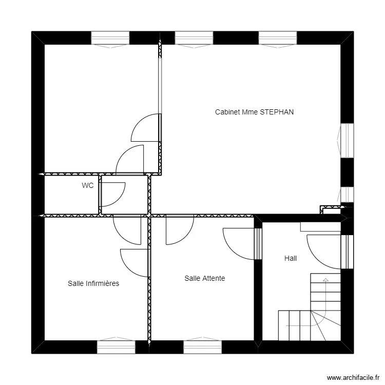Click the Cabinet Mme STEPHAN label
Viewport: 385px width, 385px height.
pyautogui.click(x=254, y=112)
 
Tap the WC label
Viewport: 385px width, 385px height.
pyautogui.click(x=88, y=186)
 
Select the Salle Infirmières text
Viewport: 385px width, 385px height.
pyautogui.click(x=93, y=283)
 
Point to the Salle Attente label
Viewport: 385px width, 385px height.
pyautogui.click(x=205, y=278)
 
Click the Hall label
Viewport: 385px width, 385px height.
pyautogui.click(x=291, y=259)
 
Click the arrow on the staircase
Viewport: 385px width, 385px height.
pyautogui.click(x=325, y=280)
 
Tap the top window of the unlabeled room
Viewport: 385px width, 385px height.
pyautogui.click(x=110, y=38)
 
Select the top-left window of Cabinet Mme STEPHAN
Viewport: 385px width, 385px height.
pyautogui.click(x=194, y=38)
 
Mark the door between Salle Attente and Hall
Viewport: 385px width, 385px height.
pyautogui.click(x=258, y=244)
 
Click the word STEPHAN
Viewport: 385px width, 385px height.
pyautogui.click(x=277, y=112)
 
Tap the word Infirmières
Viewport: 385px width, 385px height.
pyautogui.click(x=102, y=283)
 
